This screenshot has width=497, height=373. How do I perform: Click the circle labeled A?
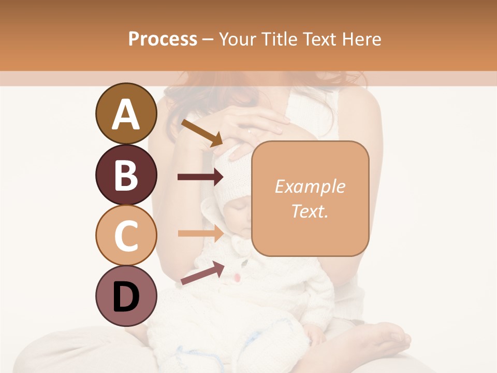(126, 113)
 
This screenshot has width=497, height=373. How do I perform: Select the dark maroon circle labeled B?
(126, 175)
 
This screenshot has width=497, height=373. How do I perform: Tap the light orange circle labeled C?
(126, 235)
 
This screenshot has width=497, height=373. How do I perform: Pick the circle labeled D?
(126, 296)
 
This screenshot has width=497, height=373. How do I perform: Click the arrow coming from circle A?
(201, 132)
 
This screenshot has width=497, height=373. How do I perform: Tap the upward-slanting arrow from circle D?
(202, 274)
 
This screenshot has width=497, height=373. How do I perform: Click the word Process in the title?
(163, 39)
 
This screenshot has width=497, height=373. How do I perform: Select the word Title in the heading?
(279, 39)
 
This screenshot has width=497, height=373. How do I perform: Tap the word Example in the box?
(310, 187)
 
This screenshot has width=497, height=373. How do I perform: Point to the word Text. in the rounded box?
(310, 211)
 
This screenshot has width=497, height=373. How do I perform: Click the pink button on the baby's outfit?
(237, 278)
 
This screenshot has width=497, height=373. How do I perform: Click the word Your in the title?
(236, 39)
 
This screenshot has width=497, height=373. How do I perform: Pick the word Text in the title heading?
(317, 39)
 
